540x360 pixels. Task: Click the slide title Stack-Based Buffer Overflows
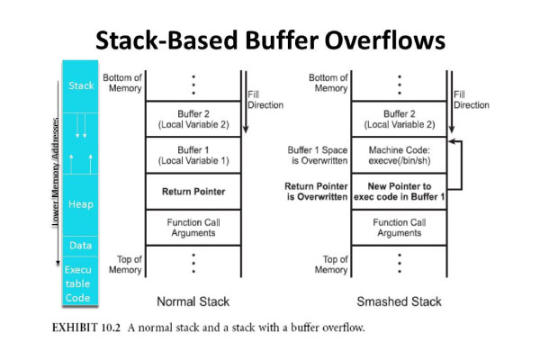click(x=269, y=41)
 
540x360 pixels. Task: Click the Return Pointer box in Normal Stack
click(x=193, y=191)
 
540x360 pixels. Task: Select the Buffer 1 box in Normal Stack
click(x=193, y=155)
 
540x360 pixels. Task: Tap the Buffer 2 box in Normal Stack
click(x=193, y=118)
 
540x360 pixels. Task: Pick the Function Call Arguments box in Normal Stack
click(x=193, y=227)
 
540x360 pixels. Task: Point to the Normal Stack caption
click(x=193, y=301)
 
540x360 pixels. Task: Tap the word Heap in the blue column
click(x=80, y=204)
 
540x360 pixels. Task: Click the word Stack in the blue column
click(x=80, y=86)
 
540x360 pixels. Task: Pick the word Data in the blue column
click(x=80, y=245)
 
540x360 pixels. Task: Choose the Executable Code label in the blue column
click(x=80, y=283)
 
